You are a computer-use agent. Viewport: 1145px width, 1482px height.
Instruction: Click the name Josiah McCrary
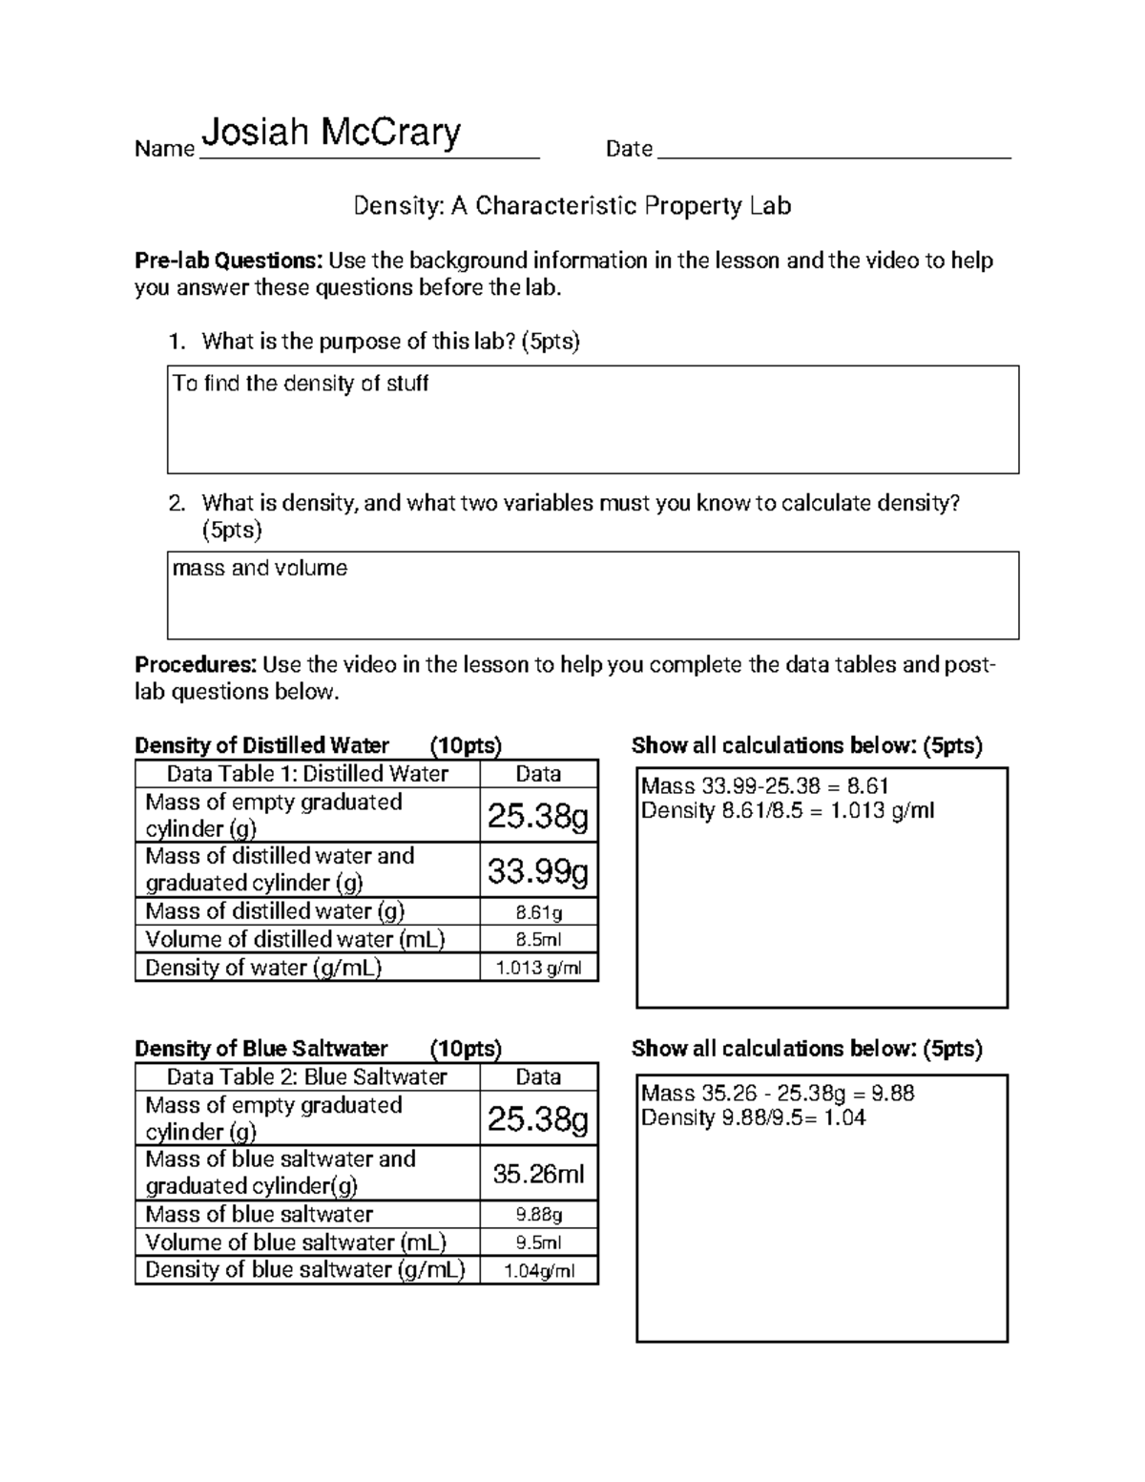click(331, 134)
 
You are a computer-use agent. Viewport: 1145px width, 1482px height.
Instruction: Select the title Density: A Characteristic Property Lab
click(572, 205)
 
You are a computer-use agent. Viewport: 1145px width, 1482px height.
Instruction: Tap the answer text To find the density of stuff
click(301, 384)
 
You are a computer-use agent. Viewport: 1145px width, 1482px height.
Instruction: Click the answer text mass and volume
click(260, 569)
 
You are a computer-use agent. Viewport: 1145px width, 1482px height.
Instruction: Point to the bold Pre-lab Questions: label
click(228, 261)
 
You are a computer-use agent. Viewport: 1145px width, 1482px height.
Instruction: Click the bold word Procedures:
click(196, 664)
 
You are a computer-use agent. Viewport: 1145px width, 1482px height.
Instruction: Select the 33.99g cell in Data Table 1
click(538, 870)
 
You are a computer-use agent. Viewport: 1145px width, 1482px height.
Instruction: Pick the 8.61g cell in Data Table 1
click(538, 912)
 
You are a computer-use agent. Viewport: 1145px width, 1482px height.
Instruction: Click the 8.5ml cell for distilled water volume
click(538, 940)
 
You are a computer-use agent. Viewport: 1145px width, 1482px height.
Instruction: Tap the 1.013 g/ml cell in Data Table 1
click(538, 968)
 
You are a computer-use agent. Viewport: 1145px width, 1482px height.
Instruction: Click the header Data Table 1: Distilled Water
click(307, 774)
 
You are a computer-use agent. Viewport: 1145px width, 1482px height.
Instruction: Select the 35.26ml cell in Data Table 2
click(538, 1174)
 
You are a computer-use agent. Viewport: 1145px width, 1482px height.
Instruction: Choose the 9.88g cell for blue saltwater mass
click(538, 1215)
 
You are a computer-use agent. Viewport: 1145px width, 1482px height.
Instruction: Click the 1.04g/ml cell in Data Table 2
click(538, 1271)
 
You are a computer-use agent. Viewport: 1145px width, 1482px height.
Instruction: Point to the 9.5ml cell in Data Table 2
click(538, 1242)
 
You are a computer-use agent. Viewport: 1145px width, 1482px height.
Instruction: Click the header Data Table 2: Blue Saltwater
click(307, 1077)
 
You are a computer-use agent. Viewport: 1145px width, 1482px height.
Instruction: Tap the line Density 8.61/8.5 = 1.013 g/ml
click(787, 811)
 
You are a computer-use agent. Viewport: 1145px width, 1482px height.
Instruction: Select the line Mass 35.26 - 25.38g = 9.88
click(778, 1094)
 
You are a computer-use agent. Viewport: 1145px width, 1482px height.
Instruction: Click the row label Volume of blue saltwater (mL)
click(296, 1242)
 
